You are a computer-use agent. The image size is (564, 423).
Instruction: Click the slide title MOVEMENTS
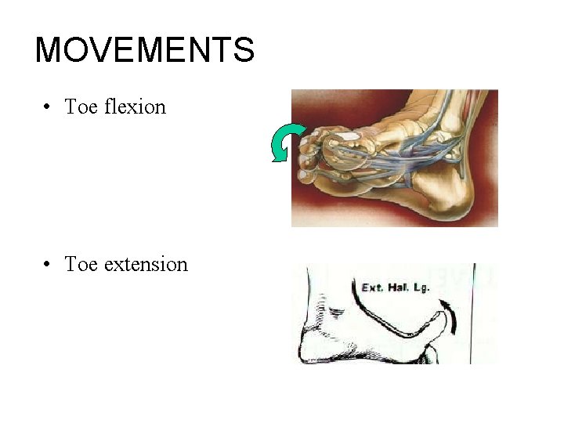coord(145,50)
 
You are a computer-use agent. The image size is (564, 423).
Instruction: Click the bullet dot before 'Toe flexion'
coord(48,107)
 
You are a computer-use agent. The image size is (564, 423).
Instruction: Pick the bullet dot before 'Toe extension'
coord(48,265)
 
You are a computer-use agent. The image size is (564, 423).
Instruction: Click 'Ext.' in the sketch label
coord(371,287)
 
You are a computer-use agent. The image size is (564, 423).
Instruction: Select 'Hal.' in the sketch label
coord(398,287)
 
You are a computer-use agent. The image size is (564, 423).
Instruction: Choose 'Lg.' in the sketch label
coord(423,287)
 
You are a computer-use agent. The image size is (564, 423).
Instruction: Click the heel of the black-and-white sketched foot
coord(309,349)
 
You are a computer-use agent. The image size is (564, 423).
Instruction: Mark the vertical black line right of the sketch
coord(472,313)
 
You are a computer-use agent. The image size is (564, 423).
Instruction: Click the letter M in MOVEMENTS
coord(49,50)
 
